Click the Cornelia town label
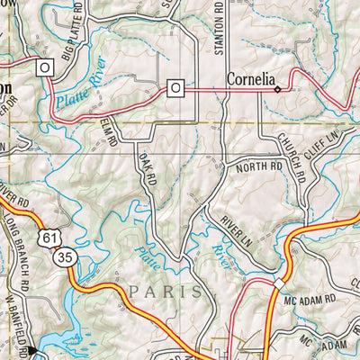248,78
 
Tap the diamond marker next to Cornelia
278,89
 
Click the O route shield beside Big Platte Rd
43,67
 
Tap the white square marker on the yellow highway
279,284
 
